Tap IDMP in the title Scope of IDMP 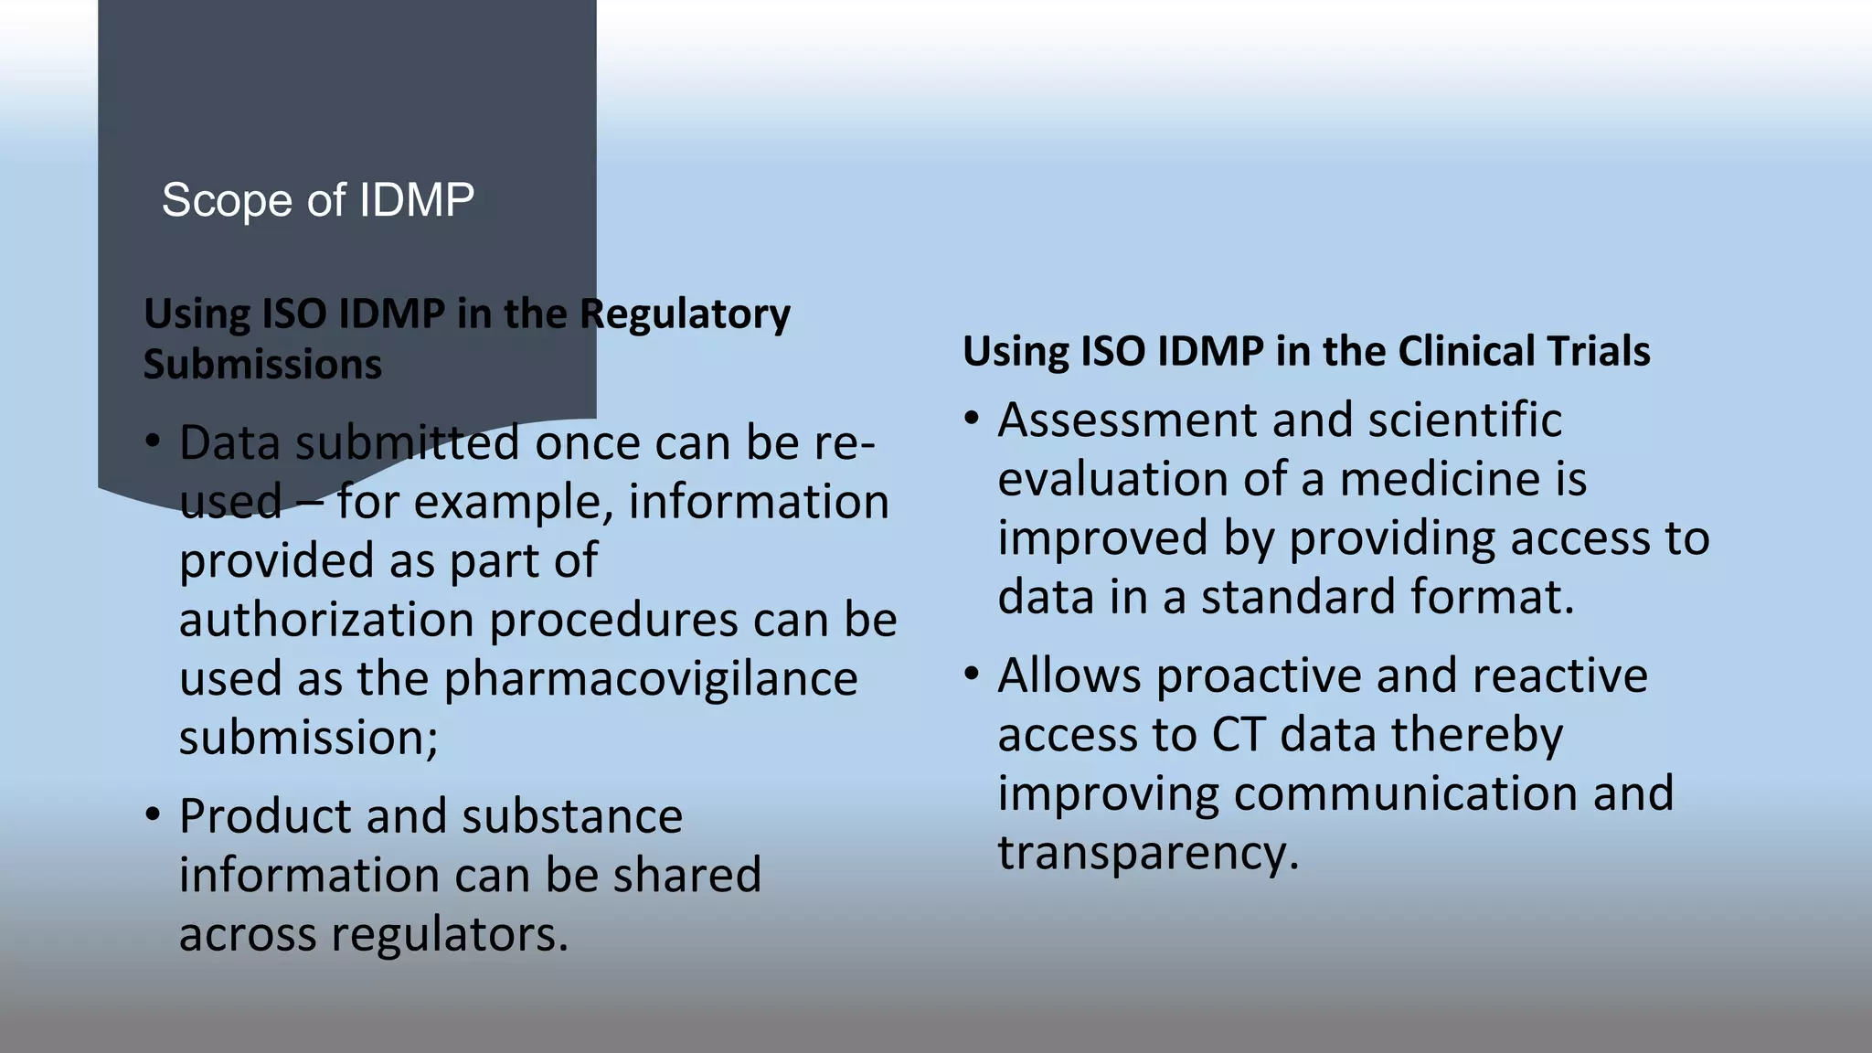416,200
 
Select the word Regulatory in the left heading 685,314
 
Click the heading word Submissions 262,364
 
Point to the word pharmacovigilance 650,678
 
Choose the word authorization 326,620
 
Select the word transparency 1147,852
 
